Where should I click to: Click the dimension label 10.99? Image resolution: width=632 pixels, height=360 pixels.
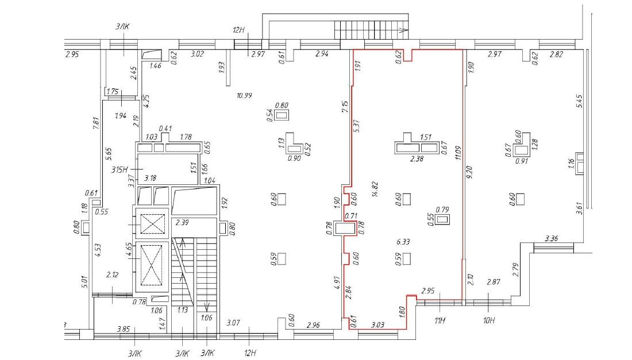(x=245, y=95)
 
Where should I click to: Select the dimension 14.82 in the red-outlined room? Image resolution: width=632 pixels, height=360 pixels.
(x=375, y=189)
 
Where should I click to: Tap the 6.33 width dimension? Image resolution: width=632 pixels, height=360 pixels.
(x=403, y=242)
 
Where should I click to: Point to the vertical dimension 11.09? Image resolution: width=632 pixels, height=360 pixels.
(x=457, y=153)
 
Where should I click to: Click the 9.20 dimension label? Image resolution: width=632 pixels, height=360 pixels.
(x=468, y=172)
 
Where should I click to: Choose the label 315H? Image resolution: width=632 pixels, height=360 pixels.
(x=120, y=169)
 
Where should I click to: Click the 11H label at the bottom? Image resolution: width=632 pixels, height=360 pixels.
(x=440, y=320)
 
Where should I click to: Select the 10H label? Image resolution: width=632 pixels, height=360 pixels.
(x=488, y=320)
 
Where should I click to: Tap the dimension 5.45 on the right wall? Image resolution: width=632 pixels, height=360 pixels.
(x=580, y=101)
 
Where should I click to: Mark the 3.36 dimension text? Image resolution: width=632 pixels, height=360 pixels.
(x=551, y=238)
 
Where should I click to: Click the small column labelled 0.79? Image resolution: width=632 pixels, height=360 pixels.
(x=443, y=220)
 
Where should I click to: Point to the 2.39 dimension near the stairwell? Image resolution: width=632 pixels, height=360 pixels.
(x=182, y=222)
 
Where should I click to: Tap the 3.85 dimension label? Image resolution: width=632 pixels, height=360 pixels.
(x=124, y=329)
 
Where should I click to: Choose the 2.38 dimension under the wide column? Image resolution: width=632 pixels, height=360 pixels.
(x=417, y=158)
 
